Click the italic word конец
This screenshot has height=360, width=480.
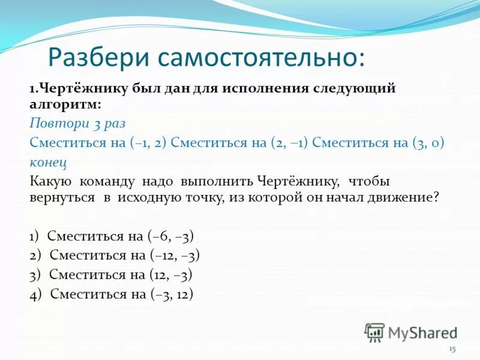tap(47, 162)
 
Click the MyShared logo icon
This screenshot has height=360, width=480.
tap(374, 332)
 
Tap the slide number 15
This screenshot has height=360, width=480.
tap(452, 350)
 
